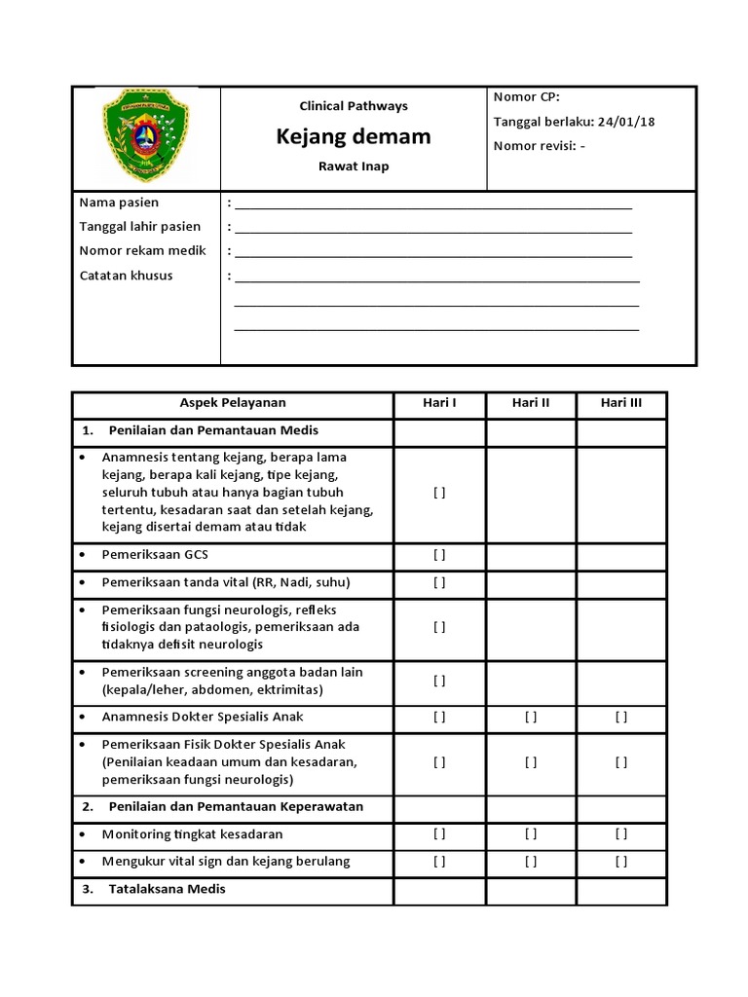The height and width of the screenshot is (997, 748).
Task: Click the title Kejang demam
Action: click(x=354, y=136)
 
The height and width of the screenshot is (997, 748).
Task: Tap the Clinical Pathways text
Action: click(x=354, y=106)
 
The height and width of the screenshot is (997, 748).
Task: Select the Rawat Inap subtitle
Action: click(x=354, y=166)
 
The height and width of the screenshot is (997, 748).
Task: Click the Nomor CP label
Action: click(x=527, y=96)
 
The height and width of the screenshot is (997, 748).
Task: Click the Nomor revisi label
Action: click(x=534, y=147)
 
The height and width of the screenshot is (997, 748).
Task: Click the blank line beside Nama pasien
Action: click(x=433, y=207)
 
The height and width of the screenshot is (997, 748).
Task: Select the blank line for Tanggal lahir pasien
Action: click(x=433, y=232)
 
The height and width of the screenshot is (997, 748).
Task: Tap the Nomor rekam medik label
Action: click(x=142, y=251)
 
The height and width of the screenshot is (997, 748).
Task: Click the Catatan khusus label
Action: click(x=126, y=276)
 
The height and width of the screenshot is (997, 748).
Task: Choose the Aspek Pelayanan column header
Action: click(x=233, y=403)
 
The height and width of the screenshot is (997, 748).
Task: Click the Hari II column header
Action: click(x=531, y=403)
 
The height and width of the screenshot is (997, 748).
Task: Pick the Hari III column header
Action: click(x=620, y=403)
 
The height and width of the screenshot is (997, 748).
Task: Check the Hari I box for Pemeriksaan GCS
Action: click(x=439, y=555)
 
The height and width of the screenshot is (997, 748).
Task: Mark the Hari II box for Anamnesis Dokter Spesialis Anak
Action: click(x=531, y=718)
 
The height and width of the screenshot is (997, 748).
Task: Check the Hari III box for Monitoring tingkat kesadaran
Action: click(x=620, y=834)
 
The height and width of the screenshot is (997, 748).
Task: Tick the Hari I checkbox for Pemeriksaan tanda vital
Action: click(x=439, y=582)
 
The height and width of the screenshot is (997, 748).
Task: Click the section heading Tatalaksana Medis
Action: click(x=168, y=889)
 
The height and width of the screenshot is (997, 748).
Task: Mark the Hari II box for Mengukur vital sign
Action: click(x=531, y=862)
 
